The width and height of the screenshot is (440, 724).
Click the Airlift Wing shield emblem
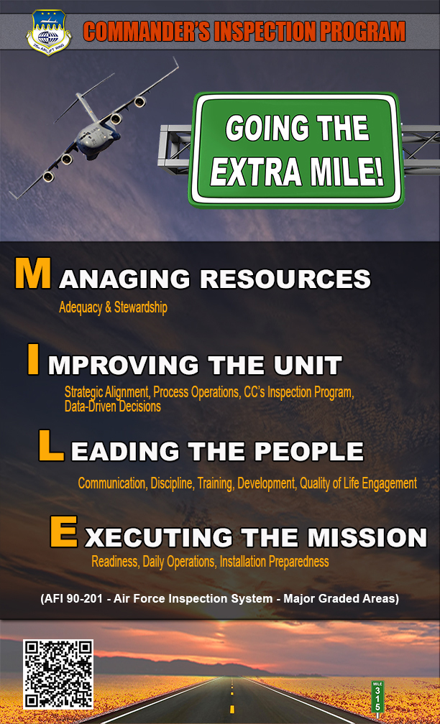(x=49, y=33)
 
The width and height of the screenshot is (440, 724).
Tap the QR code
(x=58, y=674)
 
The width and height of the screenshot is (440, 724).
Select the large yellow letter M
(x=32, y=274)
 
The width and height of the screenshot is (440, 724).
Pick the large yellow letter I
(x=33, y=360)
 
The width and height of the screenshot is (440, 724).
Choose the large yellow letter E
(x=63, y=532)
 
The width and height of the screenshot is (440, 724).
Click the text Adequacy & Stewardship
(x=114, y=308)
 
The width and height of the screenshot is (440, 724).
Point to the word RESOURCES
(x=285, y=279)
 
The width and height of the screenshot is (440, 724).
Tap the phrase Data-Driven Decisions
(x=113, y=407)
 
